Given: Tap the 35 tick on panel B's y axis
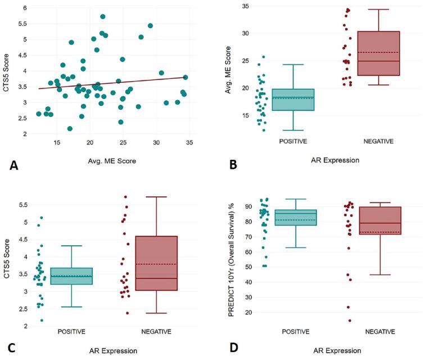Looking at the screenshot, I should [x=244, y=6].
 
